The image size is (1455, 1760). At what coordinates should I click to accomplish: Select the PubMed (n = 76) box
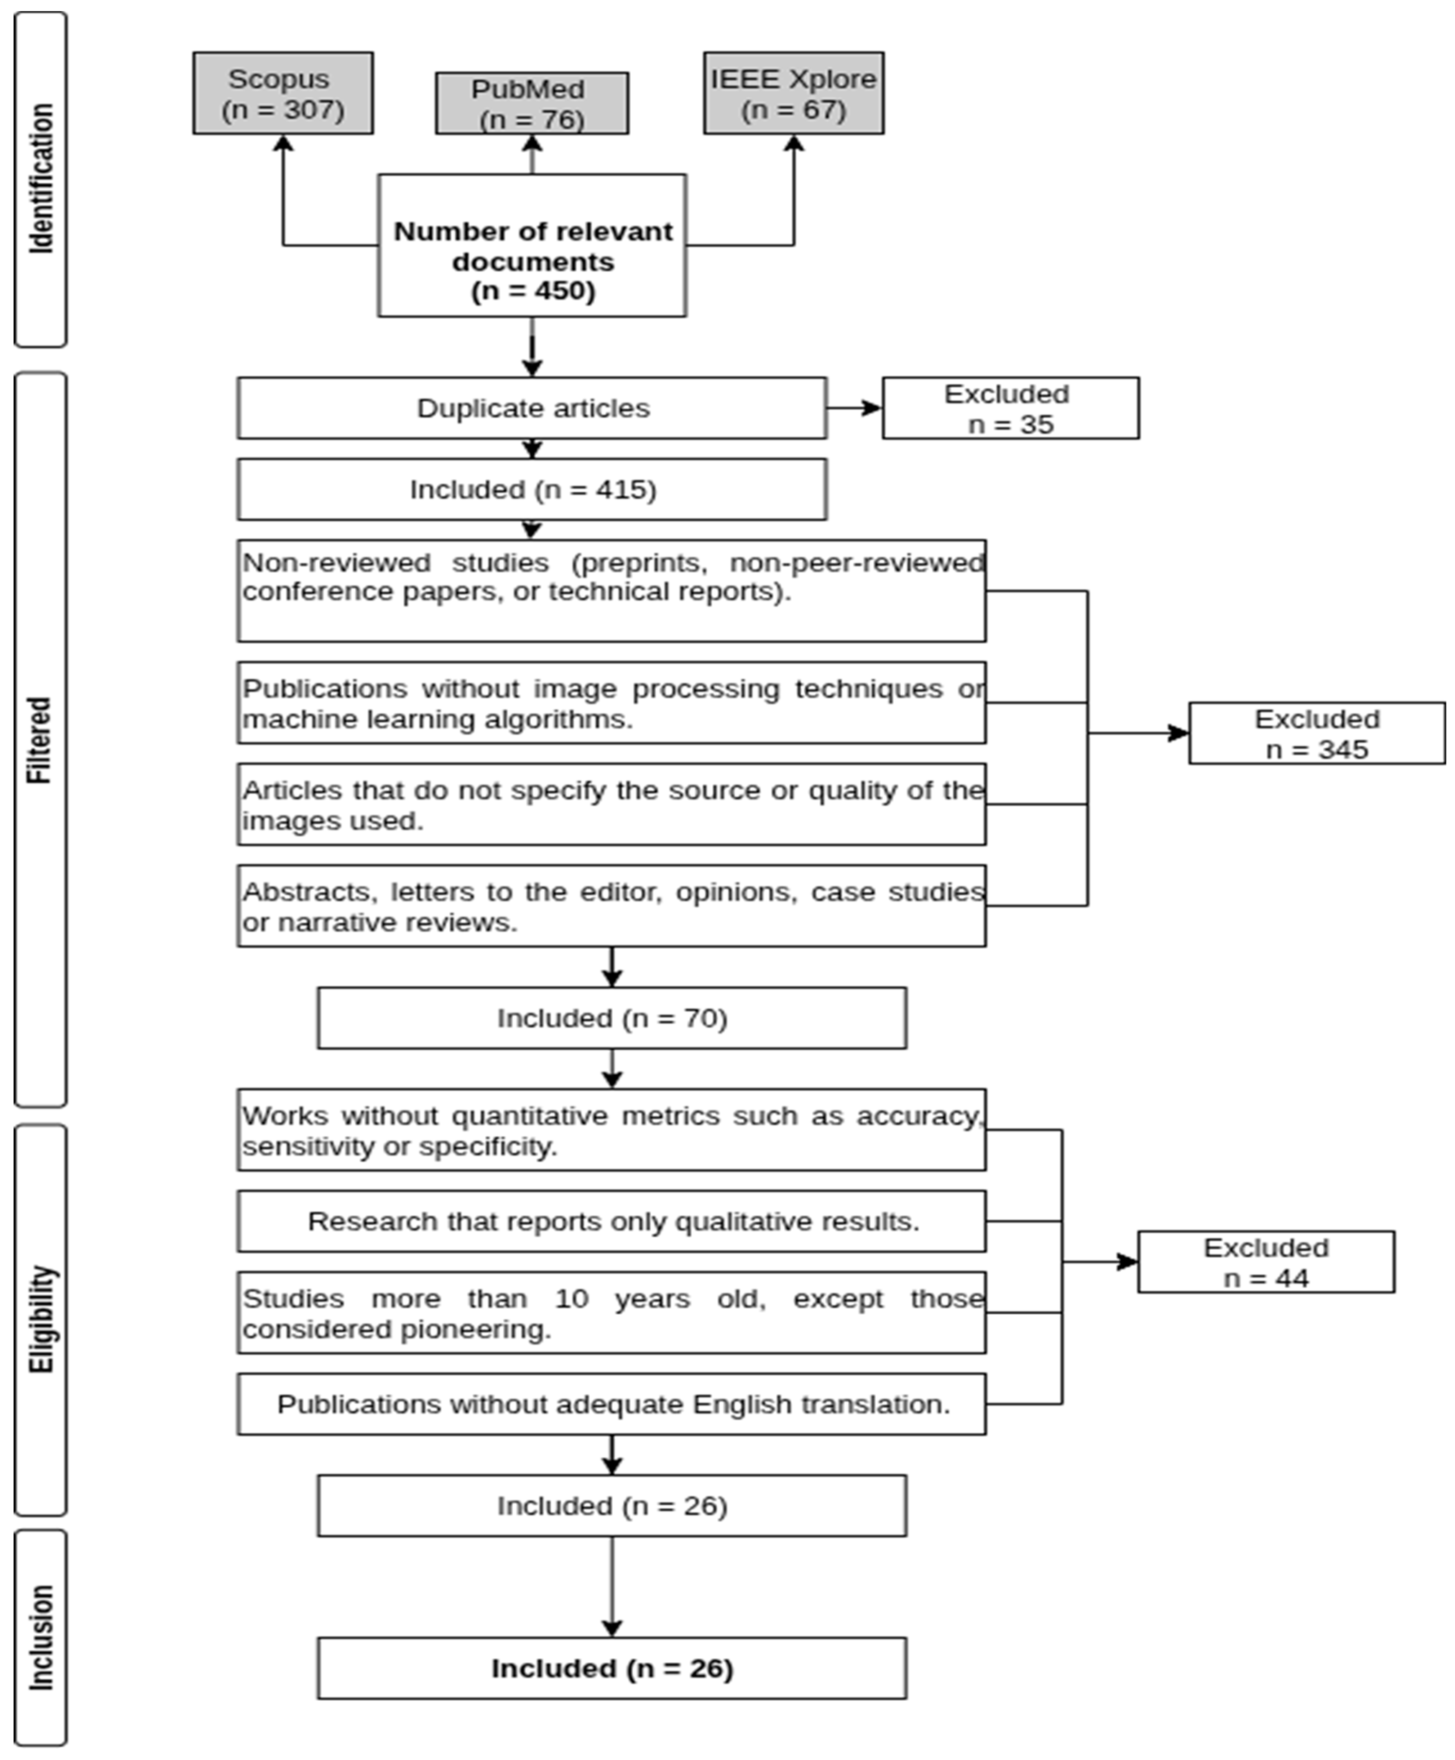tap(531, 103)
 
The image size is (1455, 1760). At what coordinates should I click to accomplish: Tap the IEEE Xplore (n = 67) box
tap(793, 93)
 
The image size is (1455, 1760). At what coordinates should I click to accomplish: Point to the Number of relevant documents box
tap(532, 246)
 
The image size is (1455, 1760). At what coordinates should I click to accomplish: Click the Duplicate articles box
tap(532, 408)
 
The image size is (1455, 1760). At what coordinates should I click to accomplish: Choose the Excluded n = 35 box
tap(1010, 408)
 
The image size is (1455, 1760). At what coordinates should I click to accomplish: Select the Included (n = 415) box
tap(532, 489)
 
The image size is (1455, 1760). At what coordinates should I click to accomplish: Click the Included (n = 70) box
tap(612, 1018)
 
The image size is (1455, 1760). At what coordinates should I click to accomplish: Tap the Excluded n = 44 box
tap(1265, 1262)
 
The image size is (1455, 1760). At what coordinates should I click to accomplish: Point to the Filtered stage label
tap(40, 740)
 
